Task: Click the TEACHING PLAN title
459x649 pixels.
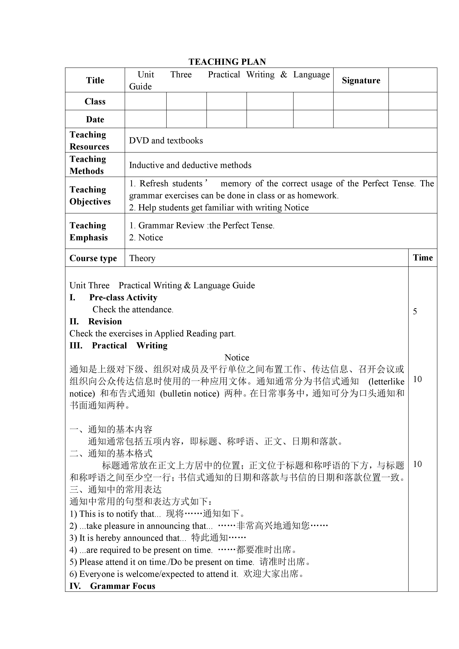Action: tap(227, 62)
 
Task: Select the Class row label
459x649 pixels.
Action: tap(95, 102)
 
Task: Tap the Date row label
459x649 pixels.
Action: tap(95, 119)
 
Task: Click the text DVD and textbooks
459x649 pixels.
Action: tap(166, 140)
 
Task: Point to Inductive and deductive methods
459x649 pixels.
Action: tap(190, 165)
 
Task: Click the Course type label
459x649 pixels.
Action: tap(93, 258)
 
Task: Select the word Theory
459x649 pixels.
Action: tap(142, 258)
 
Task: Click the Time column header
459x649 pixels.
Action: tap(423, 258)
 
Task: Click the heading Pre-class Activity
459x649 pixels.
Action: tap(123, 297)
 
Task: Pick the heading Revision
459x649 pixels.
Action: tap(105, 321)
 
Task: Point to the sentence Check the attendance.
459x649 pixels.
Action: tap(133, 310)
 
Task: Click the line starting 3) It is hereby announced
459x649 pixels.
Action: tap(158, 538)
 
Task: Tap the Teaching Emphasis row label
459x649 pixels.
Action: tap(88, 231)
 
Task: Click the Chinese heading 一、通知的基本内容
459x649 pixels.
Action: tap(111, 430)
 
